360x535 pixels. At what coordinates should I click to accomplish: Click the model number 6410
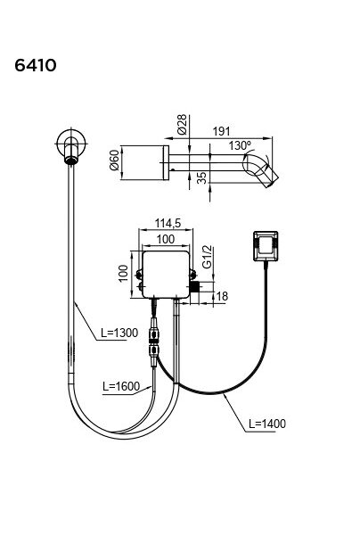click(x=36, y=65)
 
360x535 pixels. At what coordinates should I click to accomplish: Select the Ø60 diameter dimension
click(x=114, y=160)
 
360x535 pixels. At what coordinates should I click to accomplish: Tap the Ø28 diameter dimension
click(x=182, y=124)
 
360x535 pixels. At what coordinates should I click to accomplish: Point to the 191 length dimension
click(x=221, y=131)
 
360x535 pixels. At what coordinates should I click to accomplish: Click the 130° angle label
click(x=240, y=145)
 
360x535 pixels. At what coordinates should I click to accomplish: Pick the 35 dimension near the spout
click(x=202, y=177)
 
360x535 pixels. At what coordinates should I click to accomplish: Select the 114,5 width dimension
click(x=168, y=223)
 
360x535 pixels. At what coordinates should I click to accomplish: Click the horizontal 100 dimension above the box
click(x=166, y=239)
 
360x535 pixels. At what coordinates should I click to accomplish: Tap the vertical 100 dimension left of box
click(x=123, y=273)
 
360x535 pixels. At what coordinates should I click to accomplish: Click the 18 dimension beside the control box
click(x=222, y=296)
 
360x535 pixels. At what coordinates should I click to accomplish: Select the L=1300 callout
click(x=119, y=333)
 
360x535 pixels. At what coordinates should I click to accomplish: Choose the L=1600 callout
click(x=121, y=386)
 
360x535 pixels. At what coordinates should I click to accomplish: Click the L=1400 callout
click(x=267, y=424)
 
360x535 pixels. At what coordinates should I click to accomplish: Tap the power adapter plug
click(x=266, y=246)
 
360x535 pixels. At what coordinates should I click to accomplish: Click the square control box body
click(x=166, y=275)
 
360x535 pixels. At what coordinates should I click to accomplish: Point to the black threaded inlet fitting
click(x=195, y=287)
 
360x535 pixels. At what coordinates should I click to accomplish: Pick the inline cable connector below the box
click(x=153, y=342)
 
